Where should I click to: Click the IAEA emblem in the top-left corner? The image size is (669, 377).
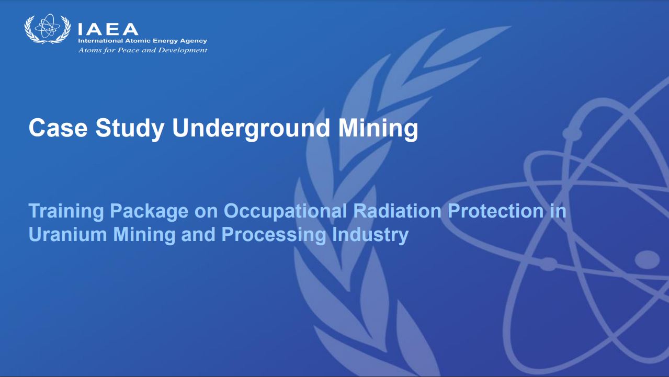[48, 29]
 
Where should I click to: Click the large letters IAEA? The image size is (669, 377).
[108, 30]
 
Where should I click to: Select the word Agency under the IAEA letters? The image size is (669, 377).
[194, 41]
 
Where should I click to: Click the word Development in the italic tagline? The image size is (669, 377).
[183, 50]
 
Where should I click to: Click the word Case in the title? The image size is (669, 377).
[58, 128]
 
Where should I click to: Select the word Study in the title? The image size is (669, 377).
[130, 128]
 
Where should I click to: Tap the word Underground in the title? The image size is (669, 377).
[251, 128]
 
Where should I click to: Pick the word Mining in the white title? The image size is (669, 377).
[378, 128]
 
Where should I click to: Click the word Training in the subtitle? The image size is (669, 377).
[66, 211]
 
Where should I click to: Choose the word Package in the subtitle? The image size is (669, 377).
[149, 211]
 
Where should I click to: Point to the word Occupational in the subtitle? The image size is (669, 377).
[285, 211]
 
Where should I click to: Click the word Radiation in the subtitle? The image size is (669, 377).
[397, 211]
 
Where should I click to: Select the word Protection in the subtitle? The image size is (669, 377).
[496, 211]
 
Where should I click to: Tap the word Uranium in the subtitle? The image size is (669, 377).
[67, 234]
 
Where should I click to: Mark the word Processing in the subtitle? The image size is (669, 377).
[274, 235]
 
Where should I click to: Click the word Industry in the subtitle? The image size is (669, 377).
[370, 235]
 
